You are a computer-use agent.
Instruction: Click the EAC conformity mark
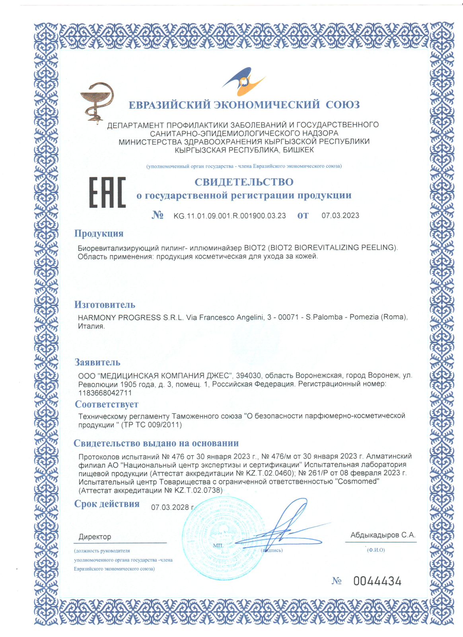click(x=107, y=193)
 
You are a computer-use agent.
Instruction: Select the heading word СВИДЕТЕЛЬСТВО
click(x=244, y=182)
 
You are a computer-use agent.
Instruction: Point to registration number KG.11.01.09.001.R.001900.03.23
click(x=230, y=216)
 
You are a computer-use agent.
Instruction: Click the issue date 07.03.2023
click(x=340, y=215)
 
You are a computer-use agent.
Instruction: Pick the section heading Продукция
click(x=99, y=233)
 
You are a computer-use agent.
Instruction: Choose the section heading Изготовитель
click(x=105, y=305)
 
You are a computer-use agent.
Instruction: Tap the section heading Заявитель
click(x=97, y=362)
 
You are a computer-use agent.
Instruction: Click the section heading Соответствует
click(x=107, y=404)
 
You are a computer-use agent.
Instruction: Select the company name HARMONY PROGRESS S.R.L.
click(x=131, y=317)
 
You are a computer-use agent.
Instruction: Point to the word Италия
click(x=91, y=326)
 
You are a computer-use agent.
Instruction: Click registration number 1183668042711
click(x=105, y=393)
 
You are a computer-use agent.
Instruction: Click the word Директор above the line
click(x=95, y=537)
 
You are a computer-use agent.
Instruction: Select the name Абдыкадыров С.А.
click(x=383, y=535)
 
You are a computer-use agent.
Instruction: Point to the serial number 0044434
click(x=377, y=581)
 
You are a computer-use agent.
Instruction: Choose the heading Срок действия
click(x=107, y=504)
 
